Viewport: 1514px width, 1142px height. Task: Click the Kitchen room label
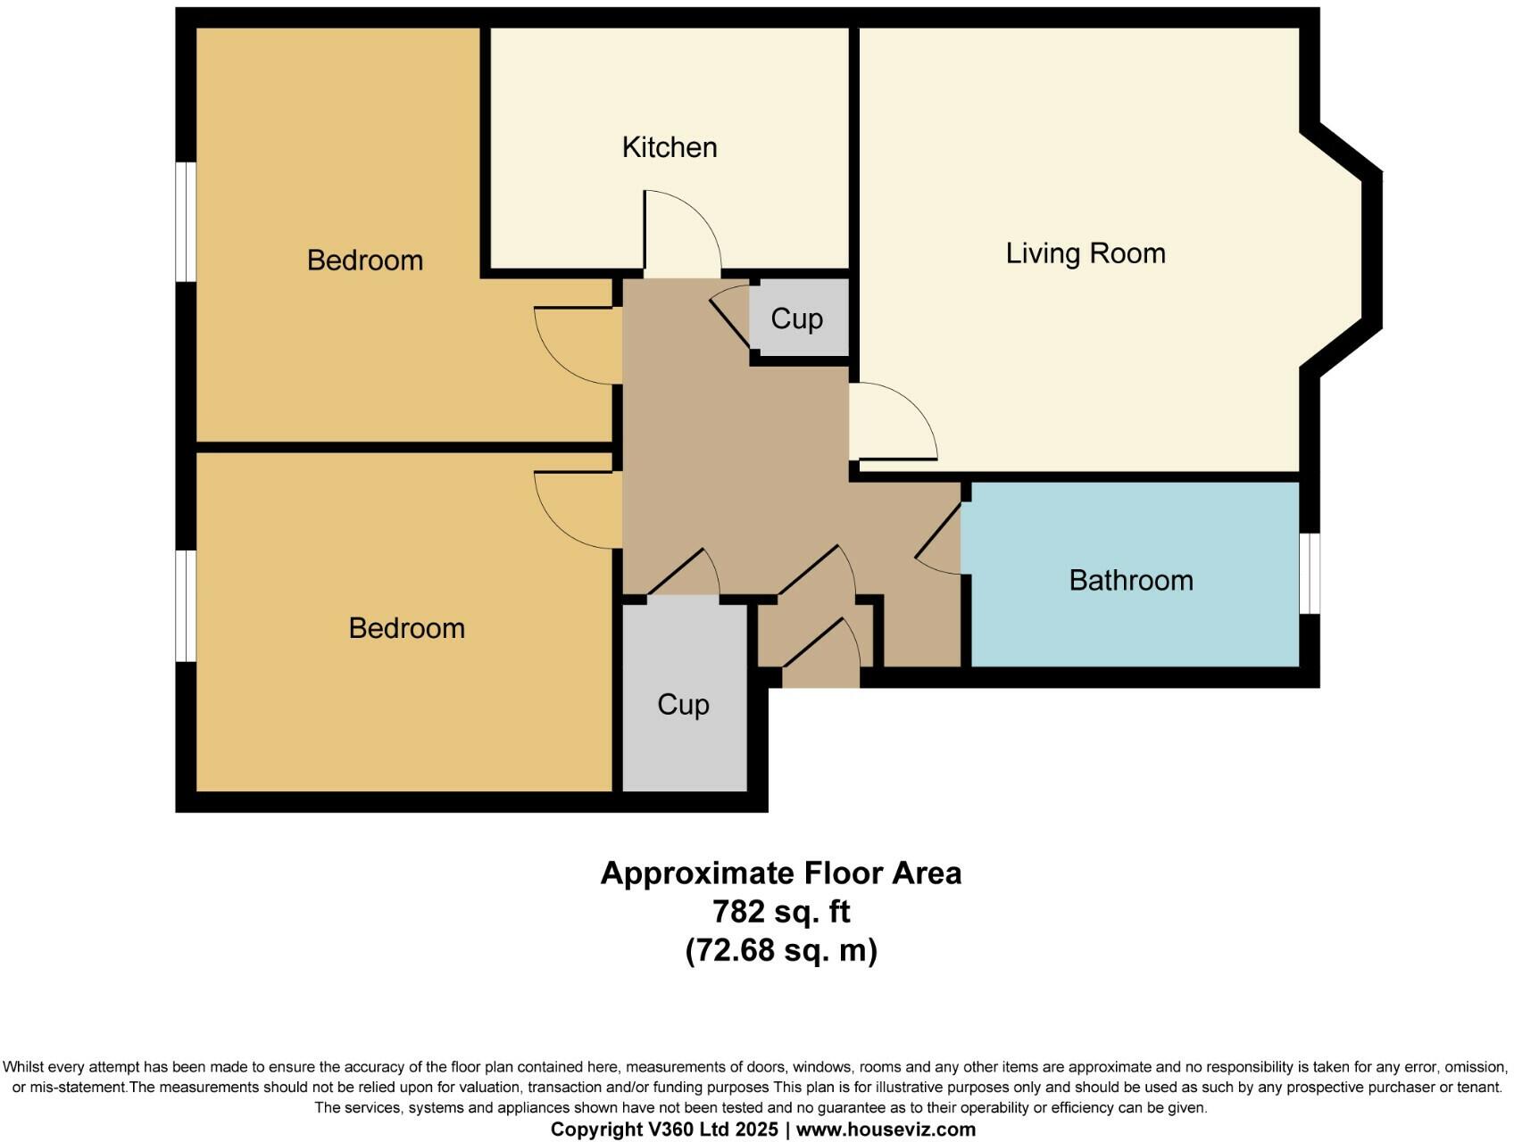click(x=670, y=147)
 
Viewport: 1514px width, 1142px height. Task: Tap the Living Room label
click(x=1085, y=253)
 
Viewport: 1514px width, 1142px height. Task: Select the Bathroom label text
click(x=1130, y=581)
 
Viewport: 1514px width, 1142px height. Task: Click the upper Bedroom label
click(x=364, y=261)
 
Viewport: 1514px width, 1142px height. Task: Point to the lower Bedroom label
click(x=406, y=628)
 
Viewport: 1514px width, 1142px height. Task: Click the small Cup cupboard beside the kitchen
click(x=797, y=319)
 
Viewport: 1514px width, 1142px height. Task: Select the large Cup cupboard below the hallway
click(x=684, y=705)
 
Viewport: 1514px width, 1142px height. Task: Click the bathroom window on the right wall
click(x=1310, y=574)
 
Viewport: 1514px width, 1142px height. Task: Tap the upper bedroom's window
click(x=185, y=221)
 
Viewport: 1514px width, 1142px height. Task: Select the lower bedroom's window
click(x=185, y=606)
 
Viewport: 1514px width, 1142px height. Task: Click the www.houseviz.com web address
click(x=886, y=1130)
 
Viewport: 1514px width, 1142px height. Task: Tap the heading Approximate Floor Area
click(x=781, y=873)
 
